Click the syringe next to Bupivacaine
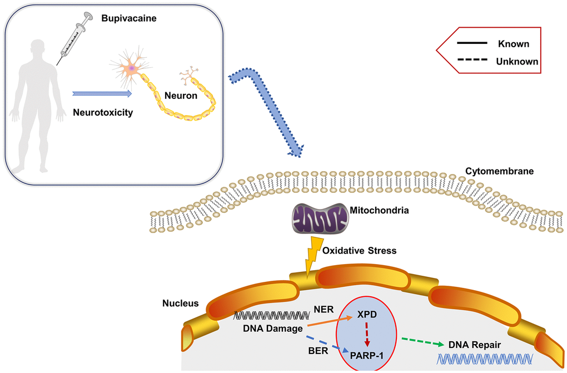[77, 37]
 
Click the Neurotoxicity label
[103, 112]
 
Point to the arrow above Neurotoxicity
[102, 94]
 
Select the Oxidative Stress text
[360, 251]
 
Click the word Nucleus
[181, 304]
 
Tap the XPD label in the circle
[367, 315]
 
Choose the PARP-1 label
[367, 352]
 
